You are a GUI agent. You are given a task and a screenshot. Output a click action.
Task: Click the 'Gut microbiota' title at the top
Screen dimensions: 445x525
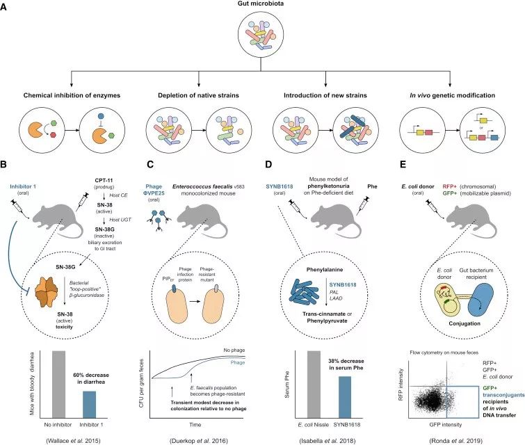262,6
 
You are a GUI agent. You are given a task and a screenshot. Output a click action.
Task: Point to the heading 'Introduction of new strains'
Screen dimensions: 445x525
330,95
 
